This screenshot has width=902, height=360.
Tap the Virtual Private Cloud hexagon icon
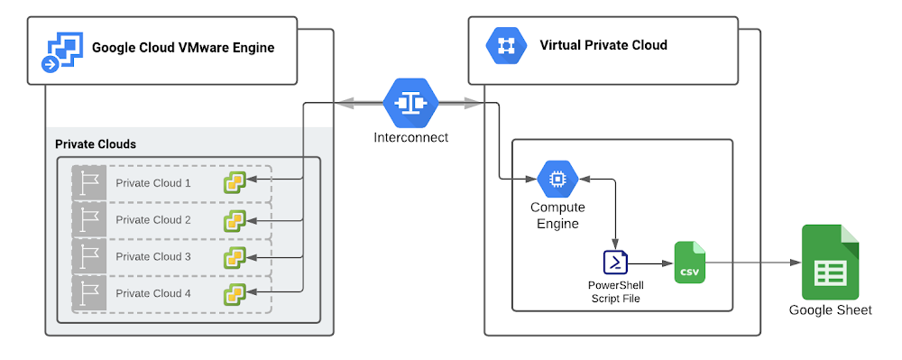[x=503, y=46]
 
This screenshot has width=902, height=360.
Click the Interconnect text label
[x=410, y=138]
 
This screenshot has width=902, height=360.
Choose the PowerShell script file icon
[x=616, y=263]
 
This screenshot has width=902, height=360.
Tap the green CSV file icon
[x=689, y=263]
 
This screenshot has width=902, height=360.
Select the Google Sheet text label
[x=830, y=310]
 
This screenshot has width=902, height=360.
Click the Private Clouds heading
[x=96, y=144]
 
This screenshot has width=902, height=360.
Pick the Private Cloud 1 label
[x=153, y=183]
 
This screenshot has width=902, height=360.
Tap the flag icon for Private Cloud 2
[x=89, y=219]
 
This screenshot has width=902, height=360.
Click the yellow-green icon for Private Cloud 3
[x=235, y=257]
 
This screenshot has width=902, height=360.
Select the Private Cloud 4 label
[x=153, y=293]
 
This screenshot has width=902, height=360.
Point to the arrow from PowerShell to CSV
[x=649, y=263]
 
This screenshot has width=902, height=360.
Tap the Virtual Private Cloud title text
[x=603, y=45]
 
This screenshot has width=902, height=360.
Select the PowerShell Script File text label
[x=616, y=291]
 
